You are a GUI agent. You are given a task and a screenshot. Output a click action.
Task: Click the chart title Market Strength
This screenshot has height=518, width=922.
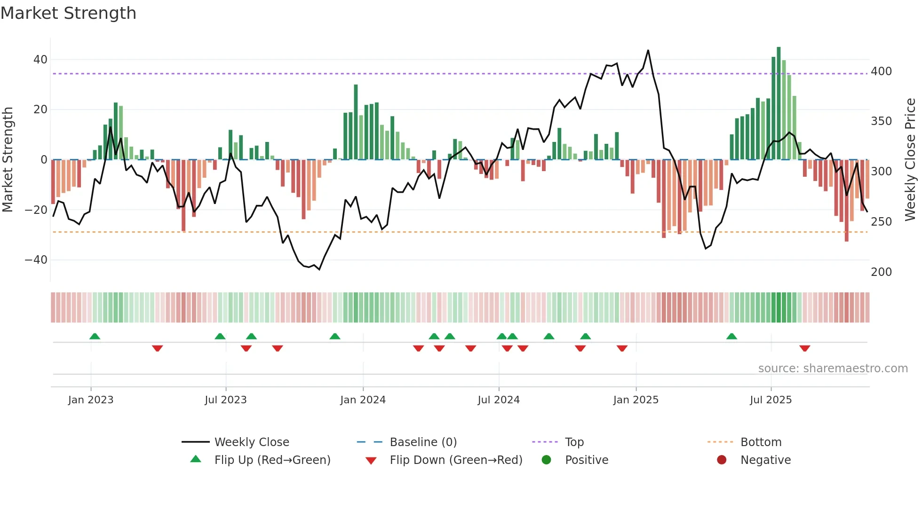68,13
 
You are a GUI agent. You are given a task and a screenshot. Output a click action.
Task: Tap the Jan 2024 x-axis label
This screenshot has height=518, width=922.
363,400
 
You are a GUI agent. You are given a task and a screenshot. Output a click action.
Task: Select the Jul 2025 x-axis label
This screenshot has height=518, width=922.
771,400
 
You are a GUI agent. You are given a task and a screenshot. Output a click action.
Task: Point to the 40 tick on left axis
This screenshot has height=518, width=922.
40,60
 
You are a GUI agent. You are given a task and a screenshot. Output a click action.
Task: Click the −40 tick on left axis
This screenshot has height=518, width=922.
36,260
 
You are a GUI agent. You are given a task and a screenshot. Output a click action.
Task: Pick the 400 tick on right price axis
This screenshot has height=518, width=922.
881,71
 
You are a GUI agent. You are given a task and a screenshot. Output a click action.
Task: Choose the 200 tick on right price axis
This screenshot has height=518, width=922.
881,272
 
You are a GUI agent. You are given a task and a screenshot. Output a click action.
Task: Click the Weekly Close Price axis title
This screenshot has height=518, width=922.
910,160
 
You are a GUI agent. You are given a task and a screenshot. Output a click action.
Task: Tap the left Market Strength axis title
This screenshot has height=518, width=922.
8,160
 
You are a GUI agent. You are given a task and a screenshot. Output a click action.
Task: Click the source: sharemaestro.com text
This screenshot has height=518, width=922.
833,369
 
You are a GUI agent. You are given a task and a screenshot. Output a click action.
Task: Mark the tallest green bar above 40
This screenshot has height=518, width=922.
779,103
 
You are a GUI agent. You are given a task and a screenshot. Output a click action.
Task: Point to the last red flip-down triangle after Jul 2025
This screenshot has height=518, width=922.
804,348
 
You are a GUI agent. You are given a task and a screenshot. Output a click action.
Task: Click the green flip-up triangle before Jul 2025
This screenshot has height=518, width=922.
731,337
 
